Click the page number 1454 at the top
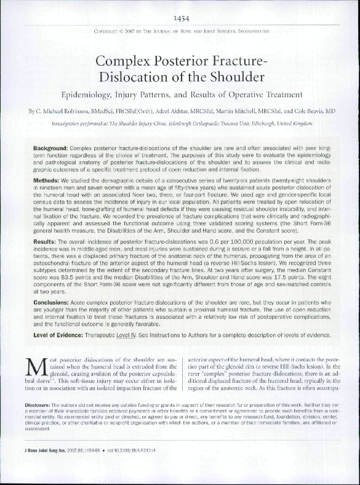(180, 17)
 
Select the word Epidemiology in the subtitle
(89, 95)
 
